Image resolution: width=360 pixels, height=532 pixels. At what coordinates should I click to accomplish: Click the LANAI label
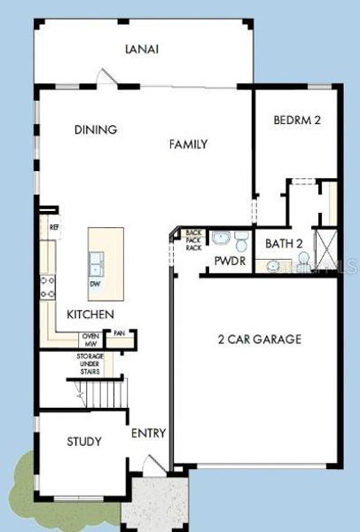click(142, 50)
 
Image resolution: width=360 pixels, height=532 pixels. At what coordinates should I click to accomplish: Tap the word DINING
click(96, 129)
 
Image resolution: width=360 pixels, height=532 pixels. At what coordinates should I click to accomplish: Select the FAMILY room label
click(188, 144)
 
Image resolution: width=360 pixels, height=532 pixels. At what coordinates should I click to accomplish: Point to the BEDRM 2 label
click(296, 120)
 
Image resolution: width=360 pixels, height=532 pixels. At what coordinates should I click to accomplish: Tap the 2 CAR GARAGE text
click(260, 339)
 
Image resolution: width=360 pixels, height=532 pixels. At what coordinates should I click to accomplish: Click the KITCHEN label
click(90, 315)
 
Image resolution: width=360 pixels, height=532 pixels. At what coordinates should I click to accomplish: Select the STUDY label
click(84, 442)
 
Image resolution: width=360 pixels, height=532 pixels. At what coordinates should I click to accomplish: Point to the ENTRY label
click(147, 434)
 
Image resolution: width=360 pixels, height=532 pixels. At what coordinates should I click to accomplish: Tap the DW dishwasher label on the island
click(95, 285)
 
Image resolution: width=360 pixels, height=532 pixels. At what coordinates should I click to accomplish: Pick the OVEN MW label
click(90, 339)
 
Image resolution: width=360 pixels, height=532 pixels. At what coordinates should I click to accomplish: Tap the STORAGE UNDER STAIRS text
click(90, 362)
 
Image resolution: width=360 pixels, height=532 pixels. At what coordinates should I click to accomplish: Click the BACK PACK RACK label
click(193, 240)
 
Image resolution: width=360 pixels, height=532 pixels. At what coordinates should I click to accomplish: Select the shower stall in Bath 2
click(327, 251)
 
